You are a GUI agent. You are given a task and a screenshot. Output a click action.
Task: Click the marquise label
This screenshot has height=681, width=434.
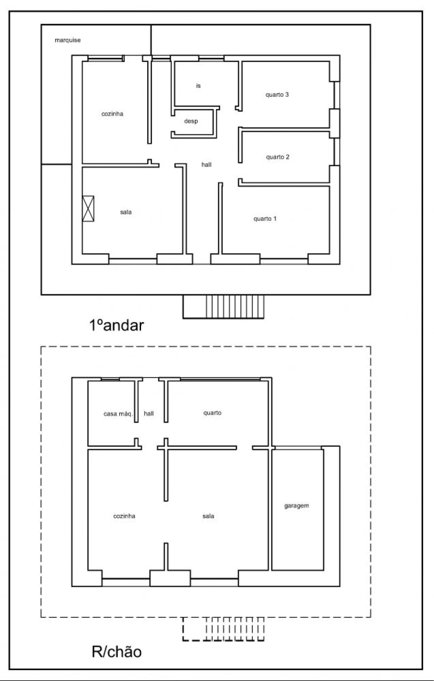(68, 40)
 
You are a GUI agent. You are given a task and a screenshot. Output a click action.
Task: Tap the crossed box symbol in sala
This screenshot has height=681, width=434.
(88, 208)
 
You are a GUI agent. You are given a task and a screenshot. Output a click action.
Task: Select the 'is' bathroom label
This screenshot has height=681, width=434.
(198, 86)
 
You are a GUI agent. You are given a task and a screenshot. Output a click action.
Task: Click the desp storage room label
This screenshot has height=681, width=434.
(191, 121)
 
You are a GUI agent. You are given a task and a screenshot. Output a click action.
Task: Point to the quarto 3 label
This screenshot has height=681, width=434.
(277, 95)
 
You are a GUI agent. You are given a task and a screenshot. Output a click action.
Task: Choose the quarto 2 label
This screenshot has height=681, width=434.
(278, 157)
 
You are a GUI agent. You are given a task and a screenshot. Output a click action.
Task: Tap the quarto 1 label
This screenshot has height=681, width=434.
(265, 219)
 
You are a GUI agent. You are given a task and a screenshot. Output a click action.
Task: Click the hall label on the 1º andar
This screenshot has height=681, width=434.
(206, 165)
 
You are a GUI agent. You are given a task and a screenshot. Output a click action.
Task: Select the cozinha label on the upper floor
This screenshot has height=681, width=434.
(112, 114)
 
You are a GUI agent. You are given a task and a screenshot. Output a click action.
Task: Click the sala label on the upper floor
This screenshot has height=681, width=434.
(126, 212)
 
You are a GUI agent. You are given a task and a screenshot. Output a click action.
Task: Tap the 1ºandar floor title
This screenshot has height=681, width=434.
(117, 325)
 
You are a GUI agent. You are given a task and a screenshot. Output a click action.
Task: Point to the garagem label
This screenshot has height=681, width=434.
(297, 506)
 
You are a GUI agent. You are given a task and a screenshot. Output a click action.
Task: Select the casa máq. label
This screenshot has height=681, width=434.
(118, 414)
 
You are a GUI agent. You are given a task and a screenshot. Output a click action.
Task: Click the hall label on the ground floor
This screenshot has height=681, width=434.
(149, 414)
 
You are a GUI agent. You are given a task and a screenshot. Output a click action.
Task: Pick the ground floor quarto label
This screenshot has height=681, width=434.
(213, 413)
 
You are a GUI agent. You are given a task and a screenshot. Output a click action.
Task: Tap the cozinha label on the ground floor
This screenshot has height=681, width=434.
(124, 516)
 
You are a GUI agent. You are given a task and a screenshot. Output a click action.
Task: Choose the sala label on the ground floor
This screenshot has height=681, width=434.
(209, 516)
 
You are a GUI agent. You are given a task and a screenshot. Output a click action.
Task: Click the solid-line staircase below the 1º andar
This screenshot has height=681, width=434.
(223, 307)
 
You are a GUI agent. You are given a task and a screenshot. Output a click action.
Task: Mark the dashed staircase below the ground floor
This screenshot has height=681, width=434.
(223, 629)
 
